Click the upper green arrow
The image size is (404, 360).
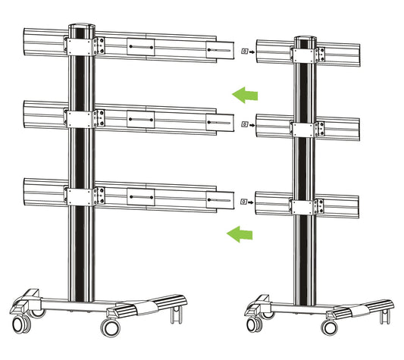[x=245, y=95]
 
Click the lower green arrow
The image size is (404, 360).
[x=240, y=233]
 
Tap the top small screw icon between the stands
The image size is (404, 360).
[x=243, y=52]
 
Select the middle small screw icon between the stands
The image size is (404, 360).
[x=243, y=123]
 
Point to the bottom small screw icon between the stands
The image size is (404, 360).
[x=243, y=202]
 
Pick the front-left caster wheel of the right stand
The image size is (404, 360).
[x=253, y=327]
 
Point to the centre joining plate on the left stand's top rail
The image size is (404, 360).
[x=142, y=48]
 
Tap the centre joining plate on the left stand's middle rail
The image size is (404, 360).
[x=142, y=121]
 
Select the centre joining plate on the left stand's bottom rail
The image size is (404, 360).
[x=142, y=198]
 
